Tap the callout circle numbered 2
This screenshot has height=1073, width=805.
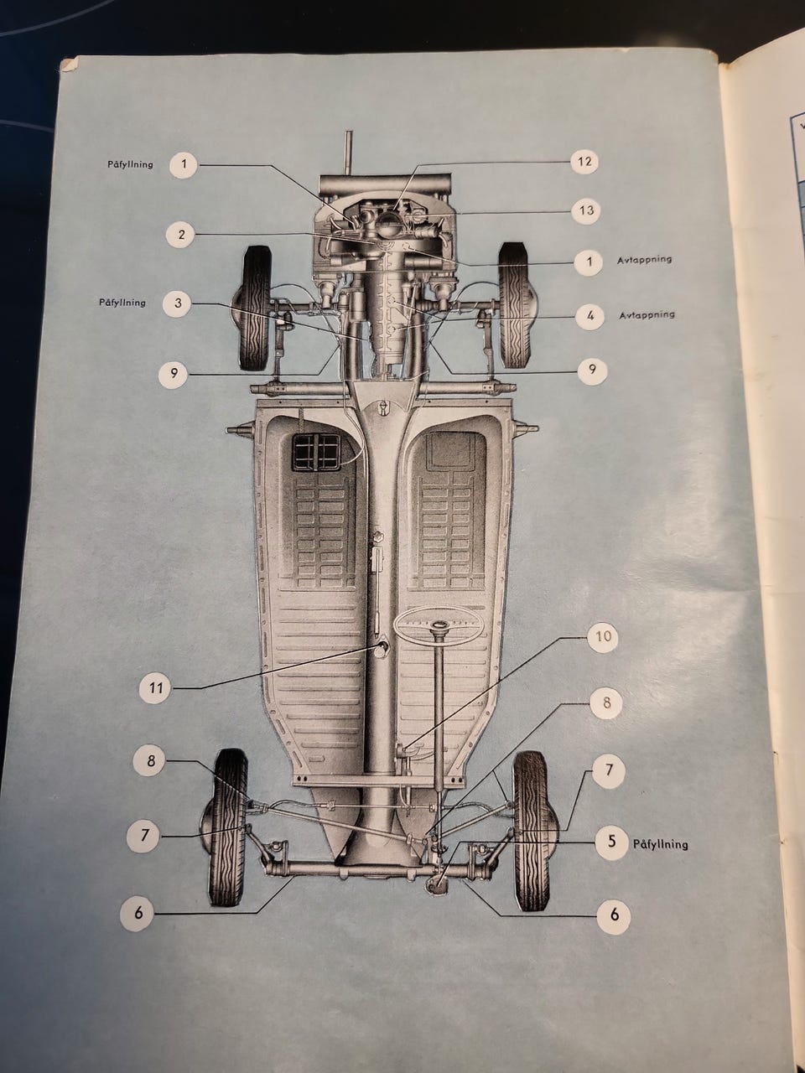coord(181,234)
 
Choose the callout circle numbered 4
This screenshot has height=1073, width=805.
coord(590,316)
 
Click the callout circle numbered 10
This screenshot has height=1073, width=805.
coord(603,636)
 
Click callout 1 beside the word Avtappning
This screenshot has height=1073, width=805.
coord(589,262)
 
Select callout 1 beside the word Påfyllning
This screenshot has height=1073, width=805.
coord(185,164)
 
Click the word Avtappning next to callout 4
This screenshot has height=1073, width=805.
coord(647,315)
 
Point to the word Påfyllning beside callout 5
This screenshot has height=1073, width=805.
coord(661,844)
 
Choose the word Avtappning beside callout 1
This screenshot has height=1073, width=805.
coord(645,260)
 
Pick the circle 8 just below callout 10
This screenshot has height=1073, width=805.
coord(604,704)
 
